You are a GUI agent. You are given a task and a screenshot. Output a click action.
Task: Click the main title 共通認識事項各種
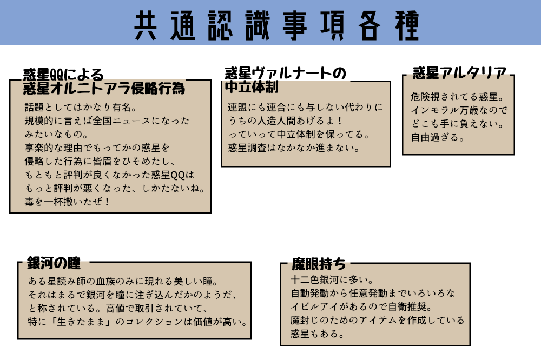point(276,25)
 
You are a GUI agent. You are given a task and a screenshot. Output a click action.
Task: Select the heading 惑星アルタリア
point(459,73)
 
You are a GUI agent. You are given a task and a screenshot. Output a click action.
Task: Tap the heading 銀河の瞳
point(54,263)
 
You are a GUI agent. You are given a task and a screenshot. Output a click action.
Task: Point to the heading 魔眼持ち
point(319,264)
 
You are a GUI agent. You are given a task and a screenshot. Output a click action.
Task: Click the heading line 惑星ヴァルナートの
point(285,74)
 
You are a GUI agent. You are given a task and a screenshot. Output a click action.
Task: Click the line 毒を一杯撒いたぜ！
point(67,202)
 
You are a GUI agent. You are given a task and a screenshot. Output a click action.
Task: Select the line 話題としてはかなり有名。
point(81,108)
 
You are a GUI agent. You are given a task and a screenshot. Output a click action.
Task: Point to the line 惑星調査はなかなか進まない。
point(294,148)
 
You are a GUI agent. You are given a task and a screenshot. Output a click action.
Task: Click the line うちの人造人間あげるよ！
point(285,121)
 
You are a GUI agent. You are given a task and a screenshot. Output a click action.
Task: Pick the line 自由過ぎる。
point(438,137)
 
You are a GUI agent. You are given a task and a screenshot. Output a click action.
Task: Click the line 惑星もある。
point(318,334)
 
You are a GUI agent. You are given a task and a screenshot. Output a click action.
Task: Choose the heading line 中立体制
point(252,87)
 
